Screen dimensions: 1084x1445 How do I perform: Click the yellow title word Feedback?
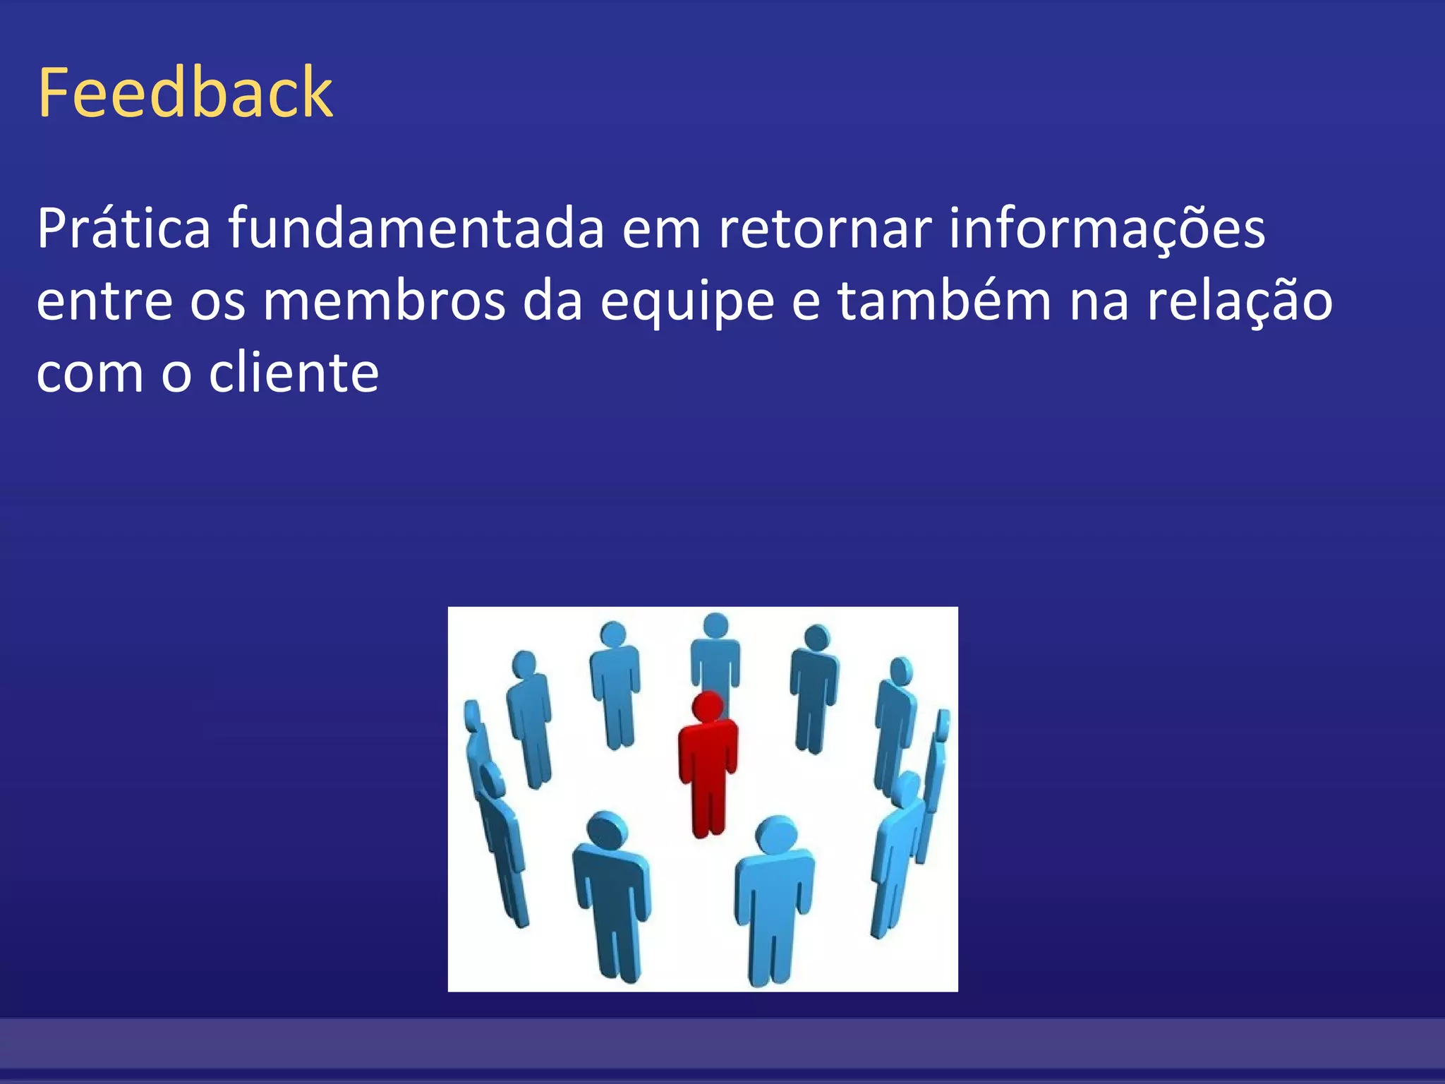(x=185, y=92)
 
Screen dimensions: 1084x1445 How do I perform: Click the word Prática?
(x=123, y=229)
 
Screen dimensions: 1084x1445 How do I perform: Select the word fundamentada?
(x=416, y=229)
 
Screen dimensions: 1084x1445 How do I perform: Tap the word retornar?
(x=825, y=229)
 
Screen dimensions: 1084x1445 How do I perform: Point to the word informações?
(x=1106, y=229)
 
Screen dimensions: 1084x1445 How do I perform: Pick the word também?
(x=944, y=301)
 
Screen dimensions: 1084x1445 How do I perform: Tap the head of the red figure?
(x=708, y=706)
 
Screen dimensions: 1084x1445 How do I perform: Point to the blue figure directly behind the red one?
(x=715, y=653)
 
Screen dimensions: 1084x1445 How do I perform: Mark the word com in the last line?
(x=90, y=374)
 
